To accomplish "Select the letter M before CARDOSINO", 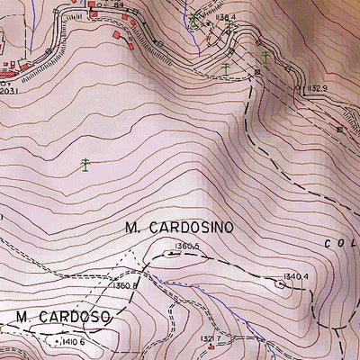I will pyautogui.click(x=131, y=228).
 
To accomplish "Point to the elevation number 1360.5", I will pyautogui.click(x=186, y=245).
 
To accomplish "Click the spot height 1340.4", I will pyautogui.click(x=295, y=275).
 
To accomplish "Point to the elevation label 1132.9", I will pyautogui.click(x=310, y=87).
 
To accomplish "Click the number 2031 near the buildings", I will pyautogui.click(x=7, y=89).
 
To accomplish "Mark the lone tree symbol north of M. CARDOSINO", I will pyautogui.click(x=85, y=164).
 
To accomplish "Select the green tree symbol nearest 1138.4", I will pyautogui.click(x=194, y=17).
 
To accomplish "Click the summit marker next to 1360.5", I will pyautogui.click(x=169, y=255).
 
